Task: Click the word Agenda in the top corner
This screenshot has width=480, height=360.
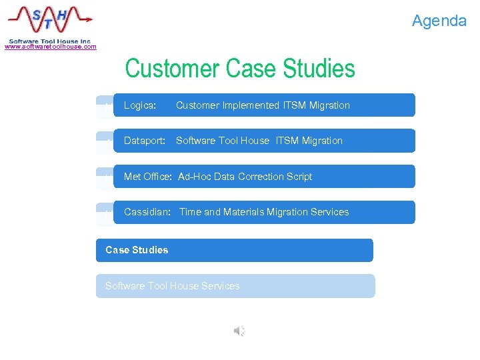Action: click(x=439, y=21)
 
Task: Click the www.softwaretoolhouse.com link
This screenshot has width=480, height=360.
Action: click(x=51, y=47)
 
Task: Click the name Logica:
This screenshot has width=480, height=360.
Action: click(x=140, y=105)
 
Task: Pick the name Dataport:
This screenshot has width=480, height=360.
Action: click(x=144, y=141)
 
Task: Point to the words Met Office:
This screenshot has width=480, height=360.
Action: click(x=148, y=177)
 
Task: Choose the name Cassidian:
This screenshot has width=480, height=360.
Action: click(x=147, y=212)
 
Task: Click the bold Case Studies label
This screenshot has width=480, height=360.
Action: click(x=137, y=250)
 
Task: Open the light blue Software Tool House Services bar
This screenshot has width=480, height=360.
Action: click(x=235, y=286)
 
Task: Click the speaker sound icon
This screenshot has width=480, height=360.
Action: click(x=239, y=331)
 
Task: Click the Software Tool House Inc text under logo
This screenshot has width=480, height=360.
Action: click(x=49, y=41)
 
